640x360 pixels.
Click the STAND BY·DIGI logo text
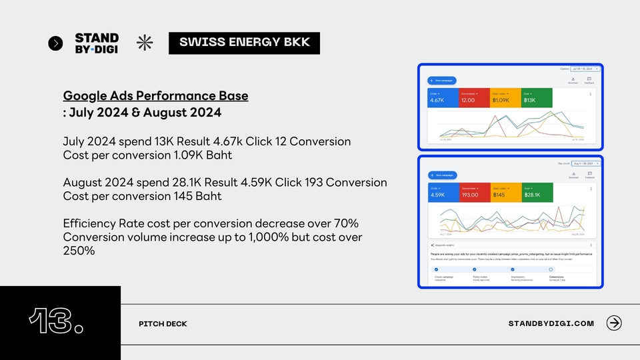(97, 43)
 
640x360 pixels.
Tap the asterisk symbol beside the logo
(145, 43)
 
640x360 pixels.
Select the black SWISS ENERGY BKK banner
(244, 43)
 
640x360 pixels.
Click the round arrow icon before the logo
(56, 43)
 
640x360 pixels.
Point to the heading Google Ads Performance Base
(155, 95)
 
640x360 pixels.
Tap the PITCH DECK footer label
(163, 324)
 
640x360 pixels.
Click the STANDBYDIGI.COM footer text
(551, 323)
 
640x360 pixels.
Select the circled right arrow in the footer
(614, 323)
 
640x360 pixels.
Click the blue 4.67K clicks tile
(443, 98)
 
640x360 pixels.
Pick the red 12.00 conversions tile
(474, 98)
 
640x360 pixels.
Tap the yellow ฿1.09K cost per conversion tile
(505, 98)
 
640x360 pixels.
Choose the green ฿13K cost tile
(537, 98)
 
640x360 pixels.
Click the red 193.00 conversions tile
(474, 193)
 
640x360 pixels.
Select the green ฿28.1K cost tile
(537, 193)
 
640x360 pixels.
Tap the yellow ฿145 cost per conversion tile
(505, 193)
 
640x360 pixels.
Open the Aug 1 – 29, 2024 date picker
(584, 163)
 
